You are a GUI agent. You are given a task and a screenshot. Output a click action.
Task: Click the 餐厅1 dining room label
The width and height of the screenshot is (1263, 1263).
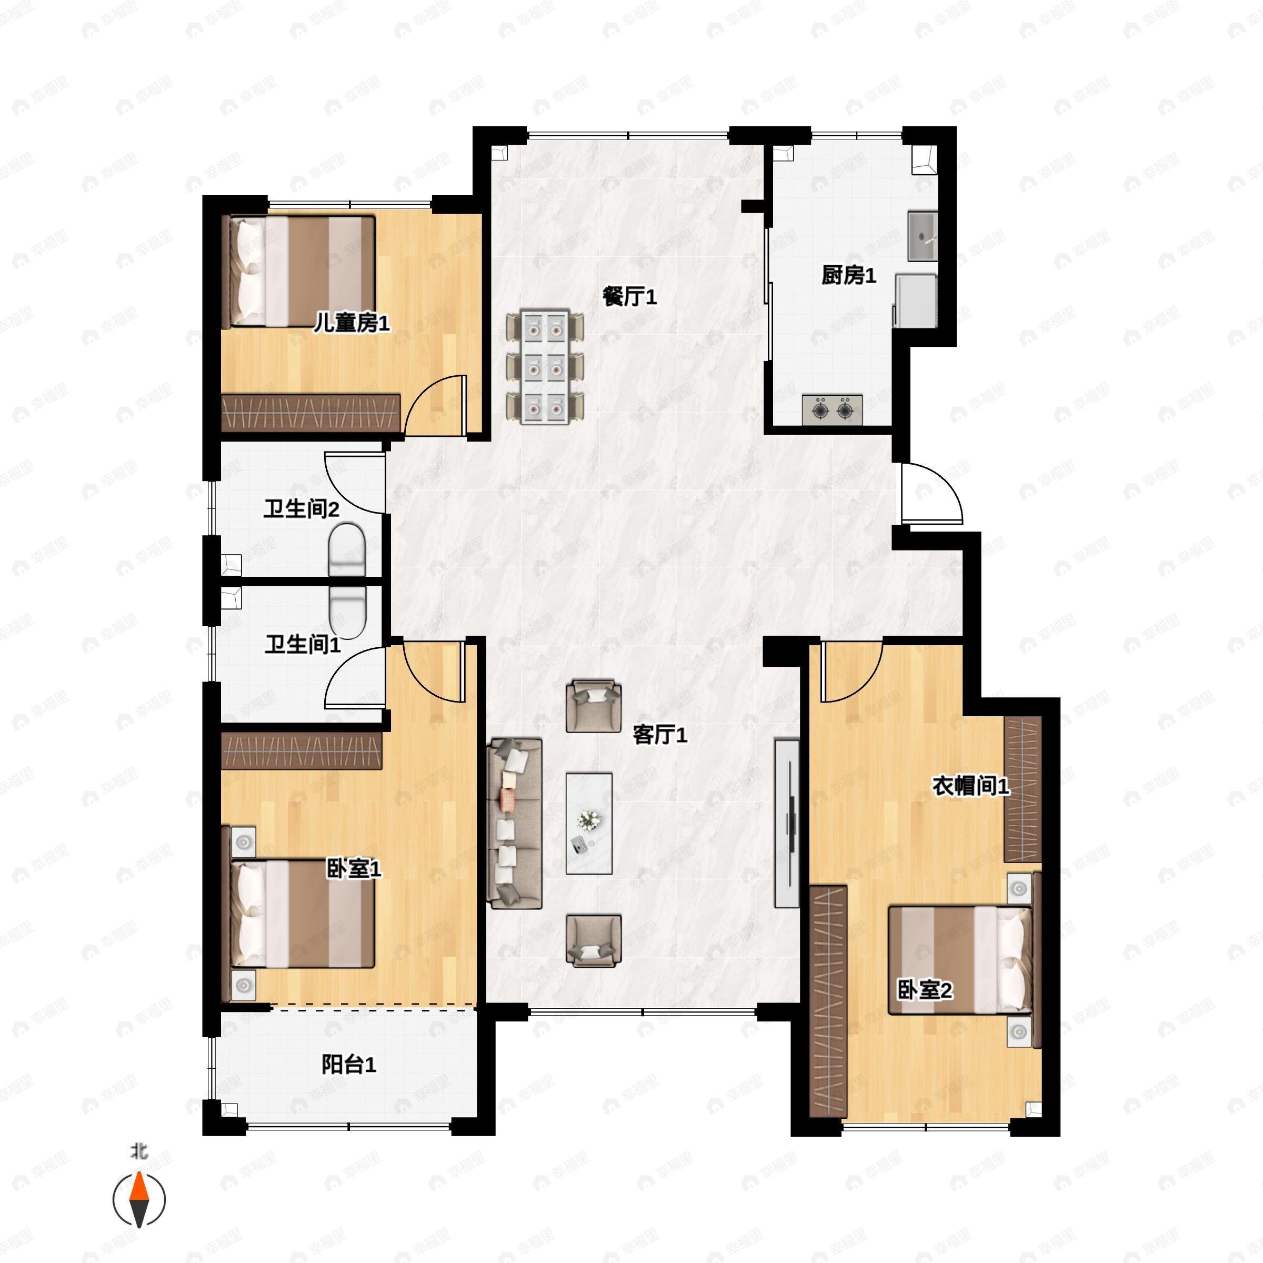pyautogui.click(x=629, y=297)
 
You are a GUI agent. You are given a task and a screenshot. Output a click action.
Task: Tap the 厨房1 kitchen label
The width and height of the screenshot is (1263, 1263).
pyautogui.click(x=848, y=275)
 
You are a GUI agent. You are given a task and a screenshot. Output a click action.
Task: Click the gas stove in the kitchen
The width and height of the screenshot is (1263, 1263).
pyautogui.click(x=832, y=410)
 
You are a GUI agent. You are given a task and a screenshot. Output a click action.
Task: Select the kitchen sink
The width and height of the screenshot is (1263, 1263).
pyautogui.click(x=923, y=236)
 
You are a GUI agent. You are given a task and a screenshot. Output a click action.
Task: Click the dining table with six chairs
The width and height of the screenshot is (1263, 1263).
pyautogui.click(x=545, y=367)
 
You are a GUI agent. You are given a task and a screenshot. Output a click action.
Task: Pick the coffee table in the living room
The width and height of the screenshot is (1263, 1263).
pyautogui.click(x=588, y=823)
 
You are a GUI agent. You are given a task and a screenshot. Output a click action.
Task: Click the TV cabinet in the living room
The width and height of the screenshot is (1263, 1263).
pyautogui.click(x=786, y=823)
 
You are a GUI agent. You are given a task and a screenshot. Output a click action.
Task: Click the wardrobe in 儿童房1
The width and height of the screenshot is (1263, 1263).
pyautogui.click(x=310, y=413)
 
